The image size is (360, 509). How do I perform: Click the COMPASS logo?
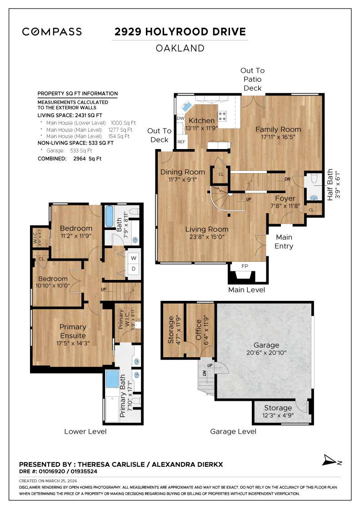pyautogui.click(x=52, y=32)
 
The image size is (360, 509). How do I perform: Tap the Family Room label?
pyautogui.click(x=278, y=130)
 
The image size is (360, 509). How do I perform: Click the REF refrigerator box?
pyautogui.click(x=181, y=142)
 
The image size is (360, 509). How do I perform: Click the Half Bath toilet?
pyautogui.click(x=314, y=181)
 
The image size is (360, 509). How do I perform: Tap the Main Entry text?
pyautogui.click(x=284, y=242)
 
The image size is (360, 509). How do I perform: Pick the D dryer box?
pyautogui.click(x=134, y=269)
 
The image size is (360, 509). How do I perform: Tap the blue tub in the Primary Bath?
pyautogui.click(x=112, y=379)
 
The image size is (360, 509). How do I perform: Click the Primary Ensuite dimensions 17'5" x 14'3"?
pyautogui.click(x=73, y=343)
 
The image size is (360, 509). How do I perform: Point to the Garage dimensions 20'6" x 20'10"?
pyautogui.click(x=267, y=353)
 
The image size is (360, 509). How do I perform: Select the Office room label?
pyautogui.click(x=198, y=331)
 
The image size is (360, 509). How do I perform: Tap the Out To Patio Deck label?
pyautogui.click(x=253, y=79)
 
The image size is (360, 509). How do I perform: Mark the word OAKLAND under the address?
pyautogui.click(x=180, y=48)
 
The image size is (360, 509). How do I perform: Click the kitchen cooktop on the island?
pyautogui.click(x=222, y=115)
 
